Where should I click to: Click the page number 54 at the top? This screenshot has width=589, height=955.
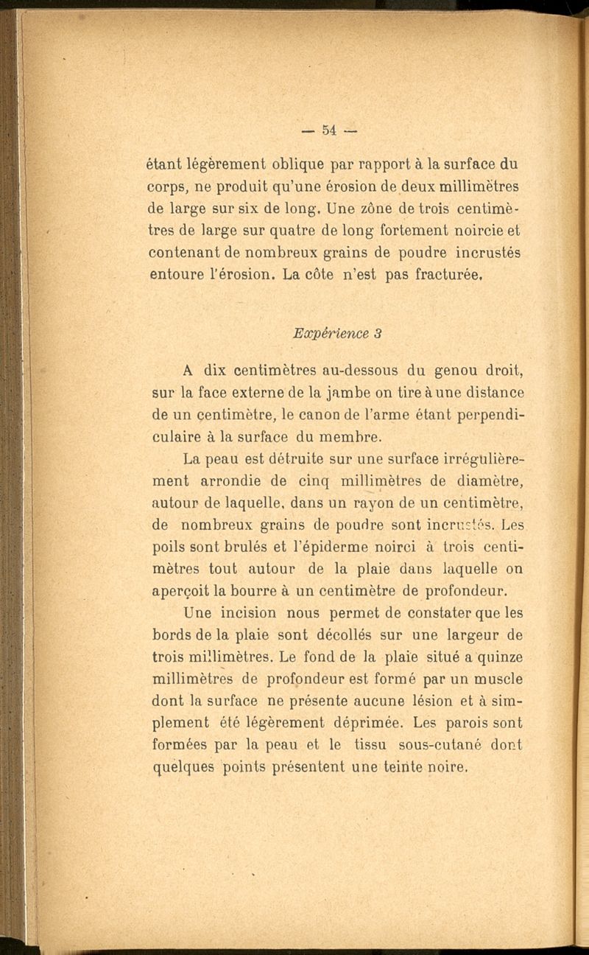click(328, 130)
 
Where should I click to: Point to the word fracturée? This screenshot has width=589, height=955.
click(445, 278)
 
